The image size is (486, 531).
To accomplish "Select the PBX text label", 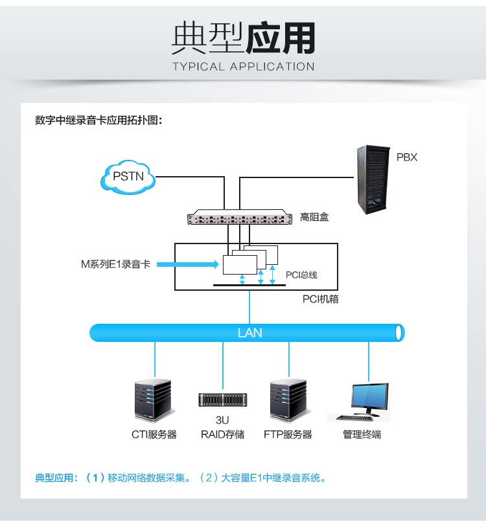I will point(406,157).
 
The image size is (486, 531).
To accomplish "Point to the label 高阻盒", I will point(314,218).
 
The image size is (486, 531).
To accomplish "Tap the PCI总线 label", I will point(301,275).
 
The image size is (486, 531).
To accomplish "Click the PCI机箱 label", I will point(320,299).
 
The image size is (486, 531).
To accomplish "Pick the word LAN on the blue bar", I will point(249,333).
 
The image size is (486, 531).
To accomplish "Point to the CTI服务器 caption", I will point(154,435).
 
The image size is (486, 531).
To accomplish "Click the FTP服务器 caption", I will point(288,435).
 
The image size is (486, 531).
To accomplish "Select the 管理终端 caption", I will point(362,435).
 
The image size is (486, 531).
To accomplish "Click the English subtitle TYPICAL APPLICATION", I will point(243,66).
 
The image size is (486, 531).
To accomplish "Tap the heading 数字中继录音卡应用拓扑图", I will point(98,120).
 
